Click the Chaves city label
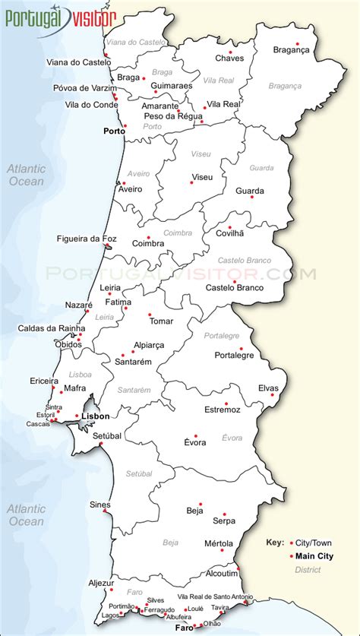click(229, 58)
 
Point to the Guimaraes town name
click(172, 86)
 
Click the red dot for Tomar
click(150, 314)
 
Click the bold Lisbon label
click(96, 416)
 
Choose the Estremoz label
click(222, 410)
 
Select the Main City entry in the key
click(314, 556)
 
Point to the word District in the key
click(307, 569)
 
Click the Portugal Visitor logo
click(61, 16)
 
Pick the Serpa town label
click(224, 521)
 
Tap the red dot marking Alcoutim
click(238, 568)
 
